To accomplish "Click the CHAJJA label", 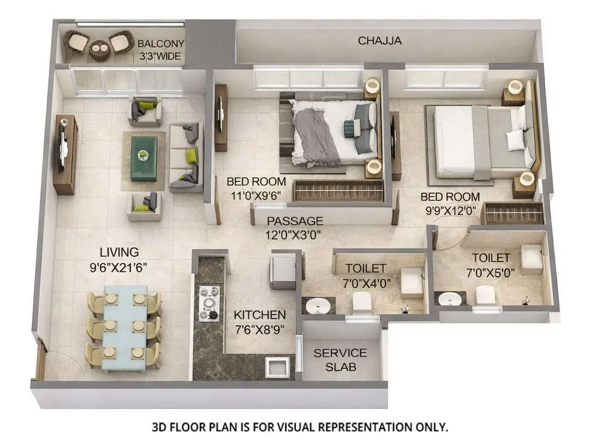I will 380,40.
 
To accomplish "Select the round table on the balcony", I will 99,50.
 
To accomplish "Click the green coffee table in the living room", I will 143,158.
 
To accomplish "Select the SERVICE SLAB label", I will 340,360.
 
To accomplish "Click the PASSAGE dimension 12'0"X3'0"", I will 294,234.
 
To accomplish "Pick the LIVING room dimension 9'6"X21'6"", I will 117,267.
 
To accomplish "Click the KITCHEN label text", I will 260,315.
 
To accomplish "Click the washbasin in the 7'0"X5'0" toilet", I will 449,298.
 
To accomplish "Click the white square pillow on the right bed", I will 514,140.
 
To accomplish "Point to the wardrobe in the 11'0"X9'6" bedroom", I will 338,191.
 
